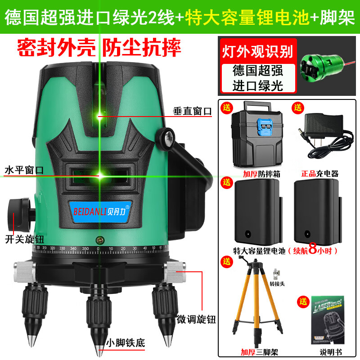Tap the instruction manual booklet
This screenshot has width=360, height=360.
pyautogui.click(x=322, y=321)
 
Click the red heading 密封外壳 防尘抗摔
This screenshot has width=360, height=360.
pyautogui.click(x=99, y=47)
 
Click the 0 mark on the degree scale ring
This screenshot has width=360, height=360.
pyautogui.click(x=99, y=248)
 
